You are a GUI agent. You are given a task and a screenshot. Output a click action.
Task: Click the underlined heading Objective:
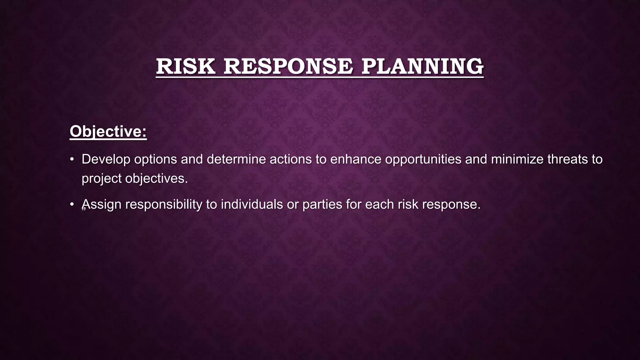(x=108, y=131)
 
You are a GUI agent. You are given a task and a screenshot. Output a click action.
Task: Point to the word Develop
(x=106, y=159)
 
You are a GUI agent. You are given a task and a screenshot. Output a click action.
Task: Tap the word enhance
(x=356, y=159)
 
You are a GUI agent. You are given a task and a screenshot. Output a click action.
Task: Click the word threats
(x=567, y=159)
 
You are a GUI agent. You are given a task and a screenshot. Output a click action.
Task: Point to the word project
(x=102, y=179)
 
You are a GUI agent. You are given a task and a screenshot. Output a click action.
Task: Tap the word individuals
(x=252, y=204)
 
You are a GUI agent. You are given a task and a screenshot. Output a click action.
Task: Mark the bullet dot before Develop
(x=72, y=159)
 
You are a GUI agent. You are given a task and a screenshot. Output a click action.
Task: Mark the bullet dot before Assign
(x=72, y=204)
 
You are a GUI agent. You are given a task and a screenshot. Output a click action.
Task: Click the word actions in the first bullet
(x=291, y=159)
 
